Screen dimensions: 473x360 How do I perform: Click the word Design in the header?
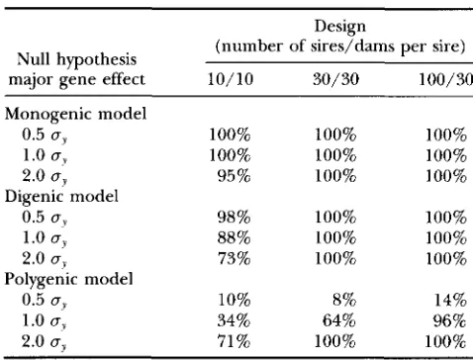point(340,27)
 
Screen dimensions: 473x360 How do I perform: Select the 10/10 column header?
point(231,79)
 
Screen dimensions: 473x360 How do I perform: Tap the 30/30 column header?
point(335,79)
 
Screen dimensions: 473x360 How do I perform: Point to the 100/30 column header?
point(445,79)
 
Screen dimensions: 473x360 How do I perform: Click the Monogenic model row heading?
point(75,114)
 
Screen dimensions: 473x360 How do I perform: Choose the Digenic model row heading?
point(61,197)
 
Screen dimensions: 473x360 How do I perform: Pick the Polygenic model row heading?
point(68,279)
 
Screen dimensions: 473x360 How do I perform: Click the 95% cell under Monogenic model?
point(234,176)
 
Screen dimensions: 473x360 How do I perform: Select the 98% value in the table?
point(234,218)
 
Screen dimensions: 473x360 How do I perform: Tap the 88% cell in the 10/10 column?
point(234,237)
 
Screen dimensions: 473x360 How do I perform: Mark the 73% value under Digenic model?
point(234,258)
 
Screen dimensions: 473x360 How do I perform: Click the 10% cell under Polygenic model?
point(234,300)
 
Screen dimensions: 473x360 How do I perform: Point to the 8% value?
point(344,300)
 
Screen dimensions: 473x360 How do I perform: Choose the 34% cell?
point(234,320)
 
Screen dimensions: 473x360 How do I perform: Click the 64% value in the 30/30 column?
point(339,320)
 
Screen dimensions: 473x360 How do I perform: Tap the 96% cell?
point(450,320)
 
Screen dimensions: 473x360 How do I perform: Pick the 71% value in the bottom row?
point(234,341)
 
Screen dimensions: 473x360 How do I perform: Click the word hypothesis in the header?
point(96,60)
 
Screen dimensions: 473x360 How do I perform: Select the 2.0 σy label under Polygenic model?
point(45,342)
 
